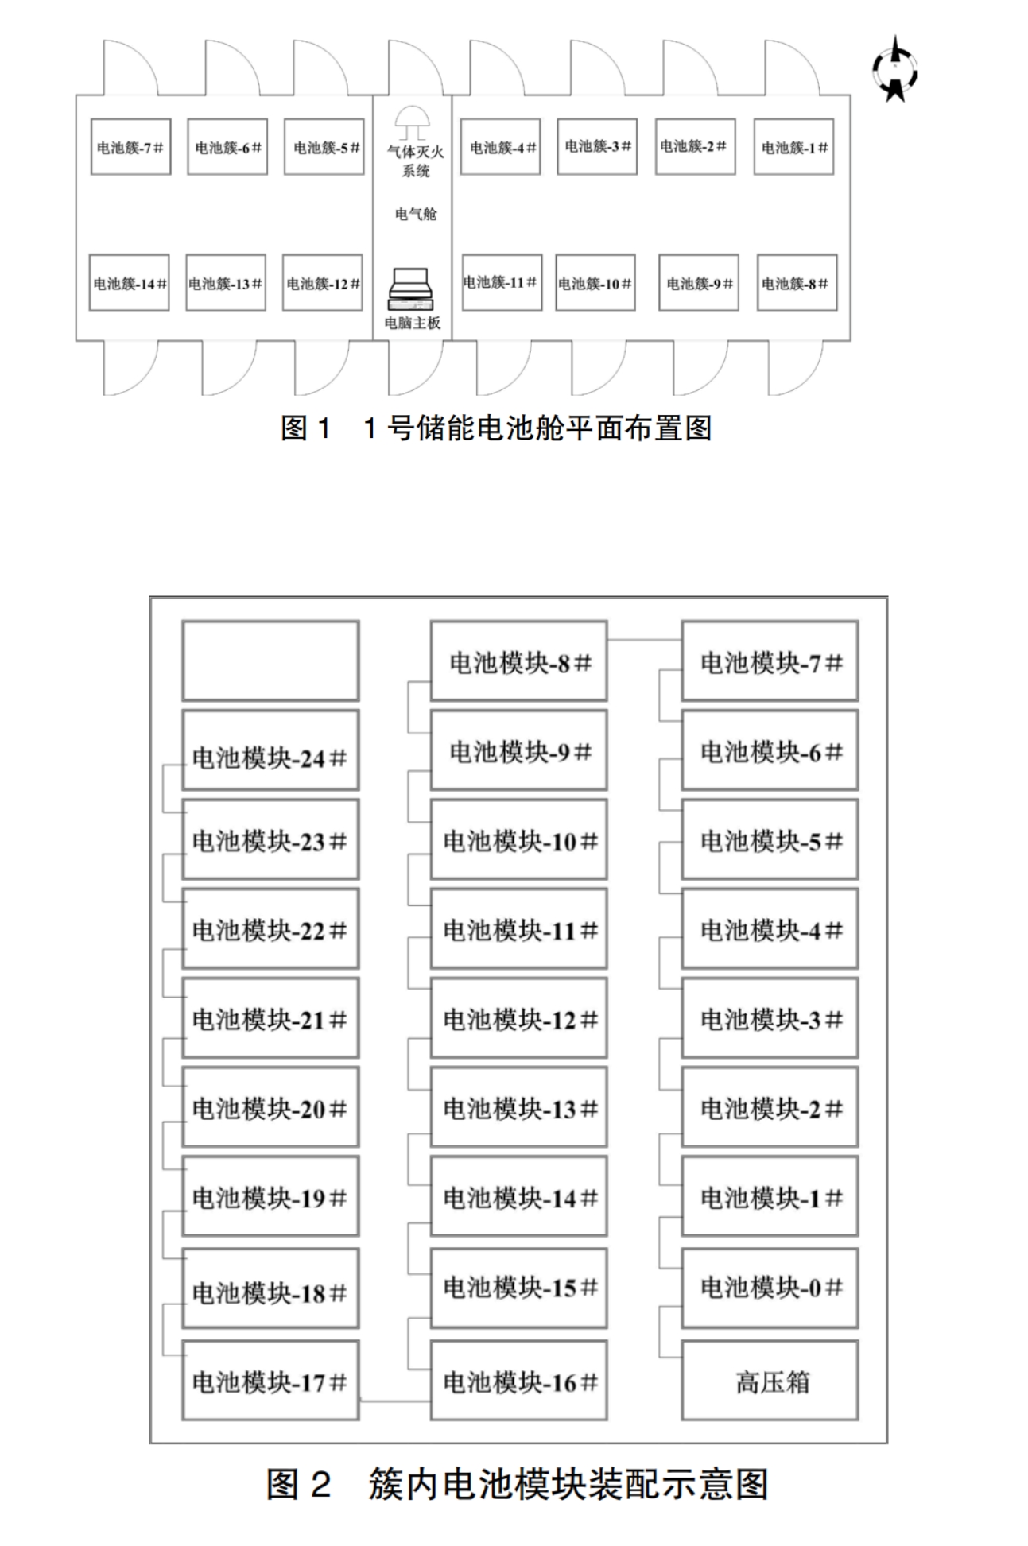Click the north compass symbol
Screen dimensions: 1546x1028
(895, 70)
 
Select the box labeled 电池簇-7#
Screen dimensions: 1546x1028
(130, 147)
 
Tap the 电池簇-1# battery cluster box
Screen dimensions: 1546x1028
(793, 147)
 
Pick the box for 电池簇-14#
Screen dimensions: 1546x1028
(129, 283)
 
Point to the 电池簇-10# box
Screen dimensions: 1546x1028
(595, 283)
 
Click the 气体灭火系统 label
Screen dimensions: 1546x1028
(415, 161)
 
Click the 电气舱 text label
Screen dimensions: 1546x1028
(415, 213)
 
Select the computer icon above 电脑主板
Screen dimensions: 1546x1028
(411, 289)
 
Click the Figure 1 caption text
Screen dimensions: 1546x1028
(496, 428)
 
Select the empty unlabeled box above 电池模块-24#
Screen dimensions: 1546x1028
(270, 661)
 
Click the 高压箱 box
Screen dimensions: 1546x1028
(770, 1381)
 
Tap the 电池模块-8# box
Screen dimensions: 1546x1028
(518, 661)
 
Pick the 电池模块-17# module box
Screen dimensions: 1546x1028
(270, 1381)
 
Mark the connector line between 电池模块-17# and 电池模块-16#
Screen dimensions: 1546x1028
(394, 1401)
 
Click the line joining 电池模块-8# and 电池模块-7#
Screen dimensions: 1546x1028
(644, 640)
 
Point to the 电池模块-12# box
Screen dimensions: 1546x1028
(518, 1019)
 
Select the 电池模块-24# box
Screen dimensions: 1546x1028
(270, 750)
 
